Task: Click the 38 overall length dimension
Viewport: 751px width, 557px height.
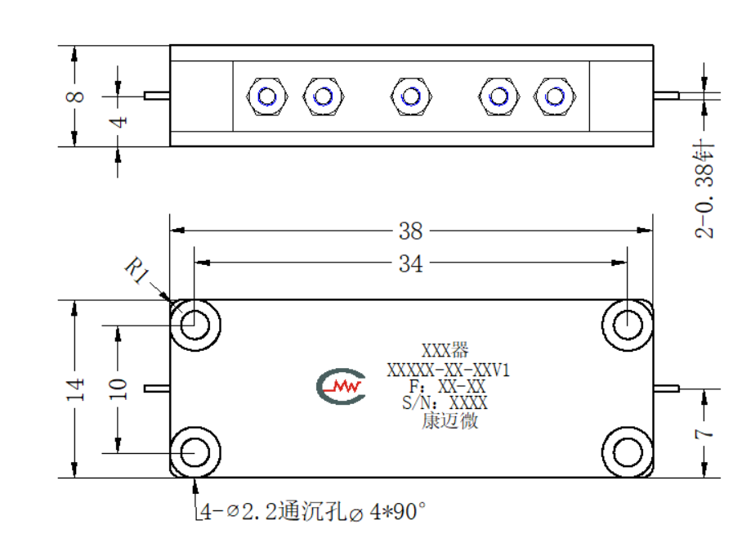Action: pos(410,231)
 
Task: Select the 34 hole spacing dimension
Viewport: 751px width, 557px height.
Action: pos(410,263)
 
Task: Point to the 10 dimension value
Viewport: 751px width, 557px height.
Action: pos(118,389)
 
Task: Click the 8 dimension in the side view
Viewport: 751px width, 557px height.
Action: pos(75,97)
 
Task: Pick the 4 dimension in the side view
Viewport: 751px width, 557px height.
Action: pos(118,121)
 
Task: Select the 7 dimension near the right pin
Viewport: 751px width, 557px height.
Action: pos(704,433)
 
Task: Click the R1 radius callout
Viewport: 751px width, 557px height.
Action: pos(137,271)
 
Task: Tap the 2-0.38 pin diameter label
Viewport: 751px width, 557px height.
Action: pos(704,189)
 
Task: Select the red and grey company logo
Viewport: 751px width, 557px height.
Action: pos(341,386)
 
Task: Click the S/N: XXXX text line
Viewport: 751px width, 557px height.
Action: pos(445,402)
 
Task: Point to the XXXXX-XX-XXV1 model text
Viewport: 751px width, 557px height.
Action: pos(449,370)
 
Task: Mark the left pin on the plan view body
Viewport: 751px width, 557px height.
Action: pos(157,389)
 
